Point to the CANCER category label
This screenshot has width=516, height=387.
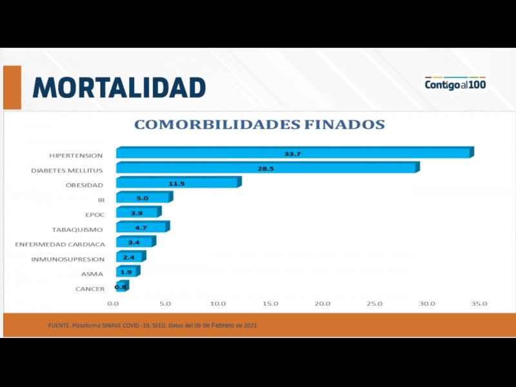coord(90,289)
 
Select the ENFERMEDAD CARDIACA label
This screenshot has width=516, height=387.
coord(59,244)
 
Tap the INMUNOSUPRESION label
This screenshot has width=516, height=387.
coord(68,259)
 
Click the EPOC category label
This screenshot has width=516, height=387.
coord(95,215)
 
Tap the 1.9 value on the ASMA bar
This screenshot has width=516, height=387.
coord(126,272)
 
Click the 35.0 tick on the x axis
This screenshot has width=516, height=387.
coord(479,303)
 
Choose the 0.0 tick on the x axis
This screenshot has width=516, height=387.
coord(113,303)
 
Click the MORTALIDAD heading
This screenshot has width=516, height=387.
coord(119,87)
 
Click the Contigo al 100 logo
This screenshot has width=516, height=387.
coord(455,84)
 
